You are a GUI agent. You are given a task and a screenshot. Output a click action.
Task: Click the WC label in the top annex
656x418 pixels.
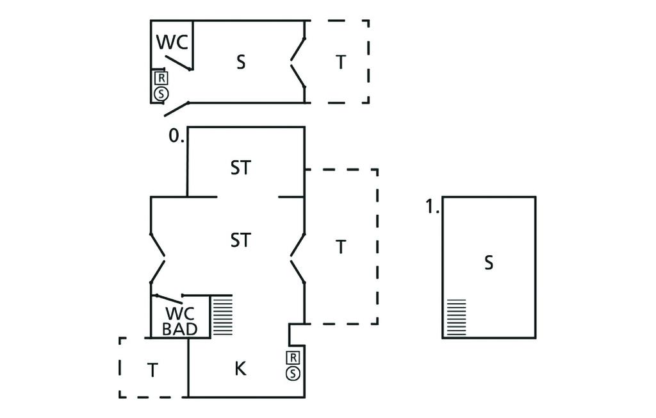172,42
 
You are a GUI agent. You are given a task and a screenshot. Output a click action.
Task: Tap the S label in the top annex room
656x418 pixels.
241,63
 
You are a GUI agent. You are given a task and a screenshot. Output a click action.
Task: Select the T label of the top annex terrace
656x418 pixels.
341,63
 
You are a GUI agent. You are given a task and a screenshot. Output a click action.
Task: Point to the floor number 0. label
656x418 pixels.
176,136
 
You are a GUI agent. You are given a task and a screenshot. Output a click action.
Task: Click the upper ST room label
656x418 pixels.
240,168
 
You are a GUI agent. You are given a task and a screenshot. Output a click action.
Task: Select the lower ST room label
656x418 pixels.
240,240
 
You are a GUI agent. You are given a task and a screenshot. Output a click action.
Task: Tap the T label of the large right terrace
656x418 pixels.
341,247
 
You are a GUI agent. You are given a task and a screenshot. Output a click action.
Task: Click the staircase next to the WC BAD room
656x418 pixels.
222,315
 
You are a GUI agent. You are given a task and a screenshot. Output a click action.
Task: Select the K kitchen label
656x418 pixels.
240,369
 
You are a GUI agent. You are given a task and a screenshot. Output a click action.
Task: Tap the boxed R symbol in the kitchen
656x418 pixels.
293,358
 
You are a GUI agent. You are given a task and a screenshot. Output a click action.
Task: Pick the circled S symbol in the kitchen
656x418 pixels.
293,373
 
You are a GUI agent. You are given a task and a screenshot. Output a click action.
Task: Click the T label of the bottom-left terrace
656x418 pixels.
152,370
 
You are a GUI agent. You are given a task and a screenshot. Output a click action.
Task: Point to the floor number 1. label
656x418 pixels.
432,207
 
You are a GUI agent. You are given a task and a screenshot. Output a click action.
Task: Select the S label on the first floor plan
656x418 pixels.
489,263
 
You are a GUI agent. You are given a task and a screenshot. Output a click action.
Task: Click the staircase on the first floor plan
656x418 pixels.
456,317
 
